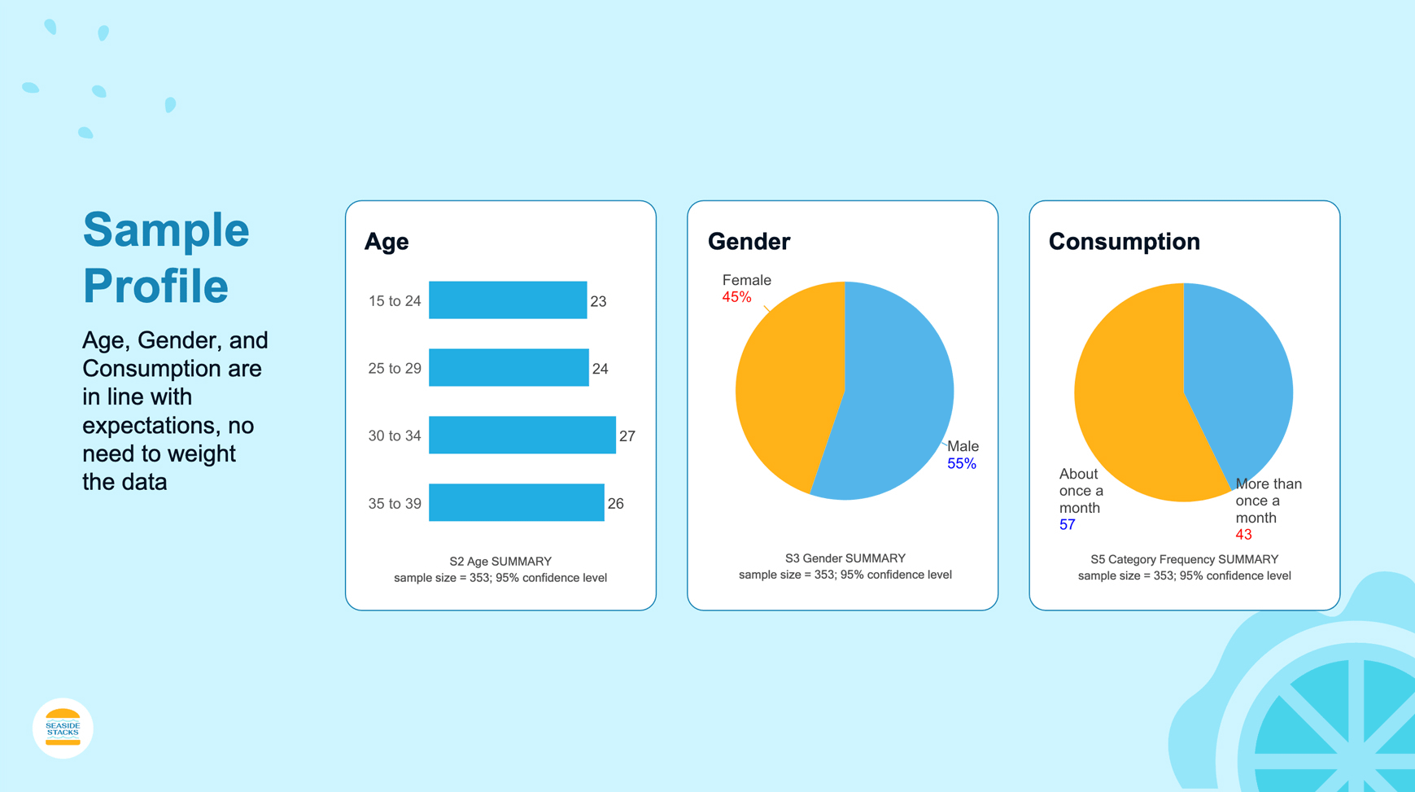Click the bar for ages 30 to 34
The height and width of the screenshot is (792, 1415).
pyautogui.click(x=522, y=435)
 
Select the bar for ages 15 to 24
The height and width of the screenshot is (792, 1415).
pyautogui.click(x=507, y=300)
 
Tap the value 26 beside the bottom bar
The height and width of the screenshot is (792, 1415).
pyautogui.click(x=615, y=504)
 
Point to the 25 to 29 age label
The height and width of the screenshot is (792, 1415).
pyautogui.click(x=395, y=369)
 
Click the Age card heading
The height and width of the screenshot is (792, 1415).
pyautogui.click(x=387, y=242)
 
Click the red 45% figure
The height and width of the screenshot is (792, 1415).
pyautogui.click(x=736, y=298)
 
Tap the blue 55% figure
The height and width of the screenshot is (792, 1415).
pyautogui.click(x=961, y=464)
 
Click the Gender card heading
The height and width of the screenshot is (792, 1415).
pyautogui.click(x=749, y=242)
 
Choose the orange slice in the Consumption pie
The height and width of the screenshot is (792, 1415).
pyautogui.click(x=1131, y=407)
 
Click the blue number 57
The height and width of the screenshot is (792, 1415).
pyautogui.click(x=1067, y=525)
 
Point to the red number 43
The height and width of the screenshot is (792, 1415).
pyautogui.click(x=1243, y=535)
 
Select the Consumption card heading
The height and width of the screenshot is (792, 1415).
pyautogui.click(x=1124, y=242)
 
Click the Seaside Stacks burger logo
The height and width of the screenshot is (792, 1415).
pyautogui.click(x=63, y=728)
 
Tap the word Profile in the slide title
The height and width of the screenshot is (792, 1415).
pyautogui.click(x=155, y=286)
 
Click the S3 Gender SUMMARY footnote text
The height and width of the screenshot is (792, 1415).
pyautogui.click(x=845, y=558)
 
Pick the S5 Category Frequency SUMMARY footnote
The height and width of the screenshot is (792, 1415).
pyautogui.click(x=1184, y=559)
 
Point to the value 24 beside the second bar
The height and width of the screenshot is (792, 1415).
pyautogui.click(x=600, y=369)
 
